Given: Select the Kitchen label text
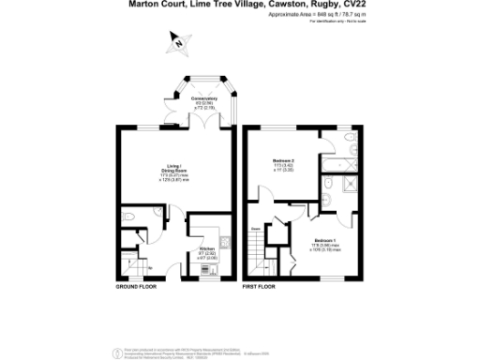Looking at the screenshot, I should click(206, 248).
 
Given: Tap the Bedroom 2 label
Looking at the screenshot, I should click(284, 160).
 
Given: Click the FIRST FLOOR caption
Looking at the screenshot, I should click(259, 285).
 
